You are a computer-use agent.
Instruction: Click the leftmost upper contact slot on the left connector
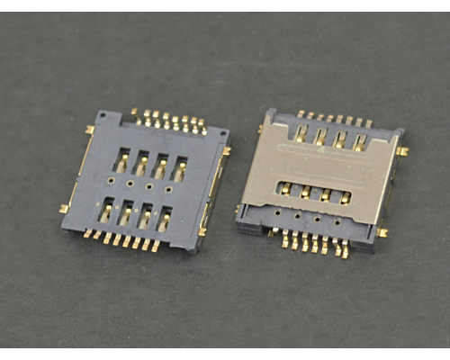(121, 160)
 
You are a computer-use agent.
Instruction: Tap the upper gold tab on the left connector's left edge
(90, 130)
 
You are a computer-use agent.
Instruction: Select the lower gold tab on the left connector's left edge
(64, 209)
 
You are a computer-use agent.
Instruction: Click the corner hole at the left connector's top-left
(106, 116)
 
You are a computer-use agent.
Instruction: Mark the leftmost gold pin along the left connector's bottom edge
(89, 233)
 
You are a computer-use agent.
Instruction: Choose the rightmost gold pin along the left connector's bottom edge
(155, 246)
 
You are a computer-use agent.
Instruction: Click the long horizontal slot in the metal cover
(310, 192)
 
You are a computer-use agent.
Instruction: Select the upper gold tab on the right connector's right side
(402, 151)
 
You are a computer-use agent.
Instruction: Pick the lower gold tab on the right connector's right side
(382, 233)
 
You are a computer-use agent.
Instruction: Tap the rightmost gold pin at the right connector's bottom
(344, 252)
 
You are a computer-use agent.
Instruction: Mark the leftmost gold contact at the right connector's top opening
(301, 135)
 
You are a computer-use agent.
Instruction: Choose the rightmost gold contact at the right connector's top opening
(360, 142)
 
